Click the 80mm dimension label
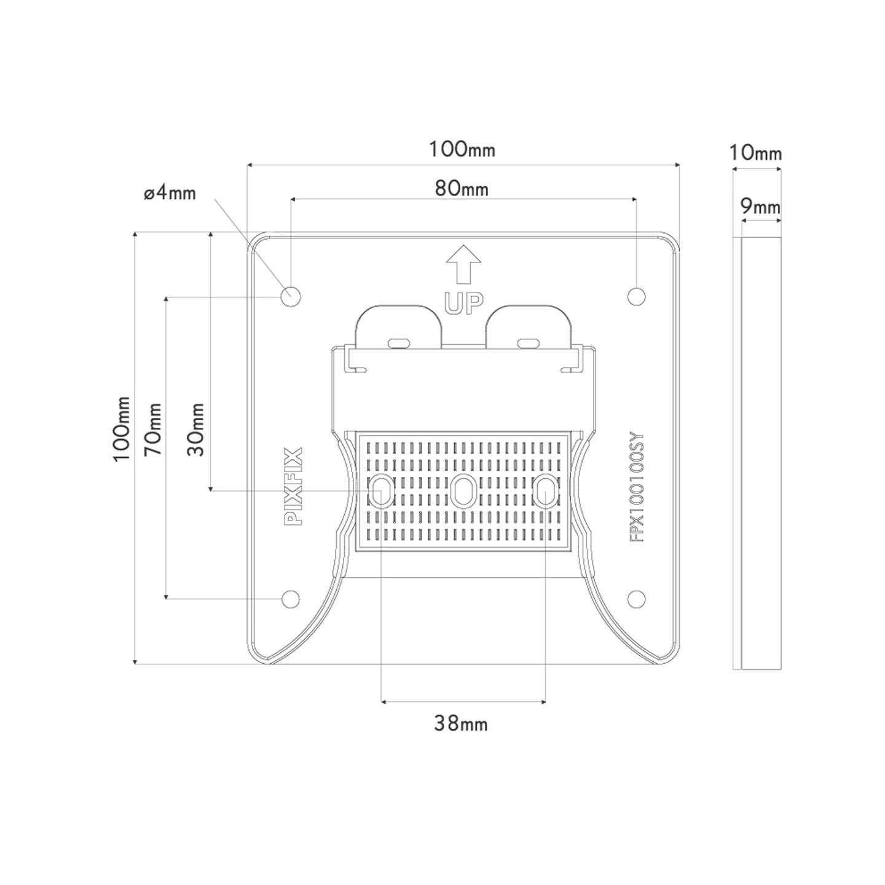coord(461,189)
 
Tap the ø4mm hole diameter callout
coord(170,194)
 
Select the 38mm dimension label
coord(461,724)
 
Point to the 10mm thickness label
coord(755,154)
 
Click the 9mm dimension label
coord(760,207)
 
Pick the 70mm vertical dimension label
coord(154,429)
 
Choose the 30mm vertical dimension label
coord(195,429)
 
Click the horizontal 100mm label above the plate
coord(462,149)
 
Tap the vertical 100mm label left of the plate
coord(122,429)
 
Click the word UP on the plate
coord(463,304)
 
